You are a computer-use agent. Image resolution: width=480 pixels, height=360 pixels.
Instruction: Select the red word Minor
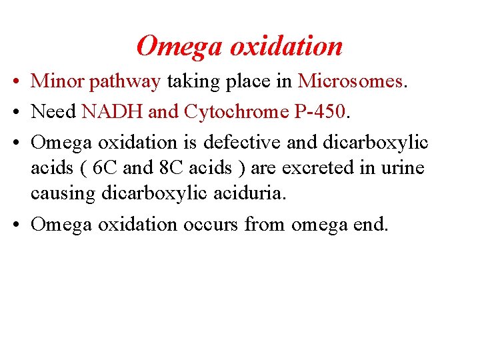pos(58,81)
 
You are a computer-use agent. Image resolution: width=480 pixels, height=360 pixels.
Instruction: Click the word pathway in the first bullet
pos(125,82)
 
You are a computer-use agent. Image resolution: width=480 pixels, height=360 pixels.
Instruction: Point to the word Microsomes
pos(351,81)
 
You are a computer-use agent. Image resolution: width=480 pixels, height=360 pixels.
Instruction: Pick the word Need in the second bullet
pos(54,112)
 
